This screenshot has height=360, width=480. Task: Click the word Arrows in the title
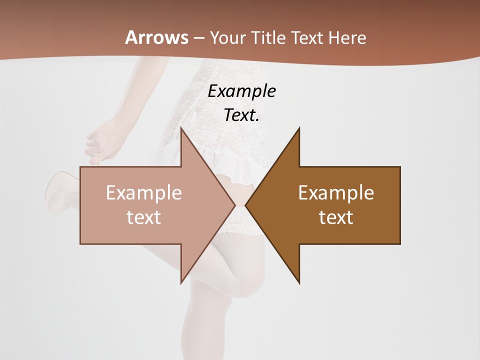tap(156, 37)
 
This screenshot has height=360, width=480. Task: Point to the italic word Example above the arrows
tap(241, 91)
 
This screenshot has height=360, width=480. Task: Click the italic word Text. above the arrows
tap(241, 115)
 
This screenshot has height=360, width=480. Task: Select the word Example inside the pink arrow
tap(143, 193)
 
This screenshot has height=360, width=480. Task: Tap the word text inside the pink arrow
tap(143, 217)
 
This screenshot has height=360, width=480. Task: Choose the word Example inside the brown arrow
tap(336, 193)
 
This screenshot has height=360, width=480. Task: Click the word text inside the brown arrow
tap(336, 217)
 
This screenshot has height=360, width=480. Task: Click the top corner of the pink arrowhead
tap(181, 128)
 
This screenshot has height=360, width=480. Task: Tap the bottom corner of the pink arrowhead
tap(181, 282)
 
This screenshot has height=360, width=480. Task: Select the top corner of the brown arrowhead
tap(299, 128)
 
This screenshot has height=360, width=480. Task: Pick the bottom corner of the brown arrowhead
tap(299, 282)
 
